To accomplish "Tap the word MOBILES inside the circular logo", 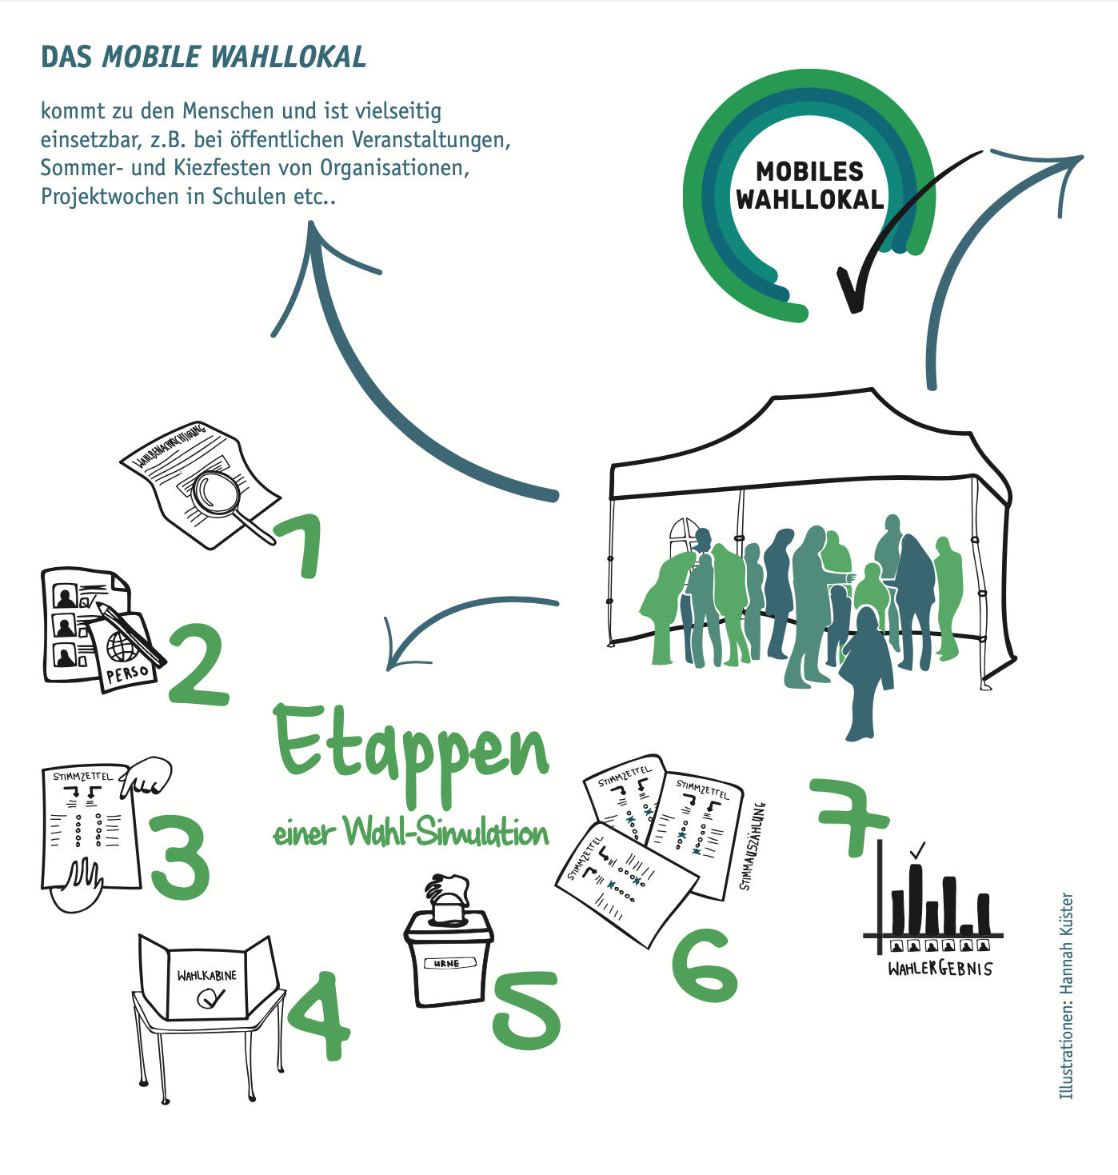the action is coord(809,171).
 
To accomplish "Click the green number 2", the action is coord(198,664).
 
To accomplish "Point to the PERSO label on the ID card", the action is coord(127,673).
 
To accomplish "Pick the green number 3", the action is coord(180,858).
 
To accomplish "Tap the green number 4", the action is coord(319,1015).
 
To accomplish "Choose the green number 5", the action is coord(527,1009).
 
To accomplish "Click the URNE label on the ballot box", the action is coord(447,963).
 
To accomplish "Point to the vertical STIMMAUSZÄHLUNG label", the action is coord(753,845).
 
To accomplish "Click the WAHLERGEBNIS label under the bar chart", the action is coord(940,969).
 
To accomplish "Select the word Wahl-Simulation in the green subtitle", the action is coord(446,833).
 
